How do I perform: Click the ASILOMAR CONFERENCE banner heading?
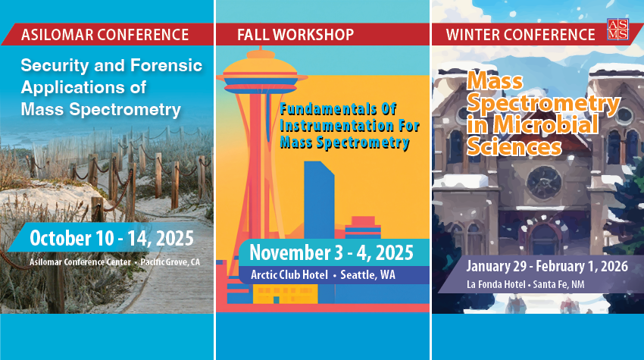point(105,35)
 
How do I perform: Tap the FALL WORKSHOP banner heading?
point(295,35)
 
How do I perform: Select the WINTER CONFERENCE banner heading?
point(521,35)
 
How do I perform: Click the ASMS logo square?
point(617,29)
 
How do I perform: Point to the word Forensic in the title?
point(166,65)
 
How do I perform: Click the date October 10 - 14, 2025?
point(111,238)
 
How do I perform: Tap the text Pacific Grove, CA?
point(170,262)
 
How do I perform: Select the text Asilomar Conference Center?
point(80,262)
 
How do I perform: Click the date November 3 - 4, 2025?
point(331,252)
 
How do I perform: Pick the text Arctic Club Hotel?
point(289,274)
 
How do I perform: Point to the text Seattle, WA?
point(368,274)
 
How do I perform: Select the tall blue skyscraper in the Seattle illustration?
point(319,200)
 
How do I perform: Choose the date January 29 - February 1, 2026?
point(547,266)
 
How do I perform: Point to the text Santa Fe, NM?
point(558,284)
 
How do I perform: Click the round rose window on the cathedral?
point(544,183)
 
